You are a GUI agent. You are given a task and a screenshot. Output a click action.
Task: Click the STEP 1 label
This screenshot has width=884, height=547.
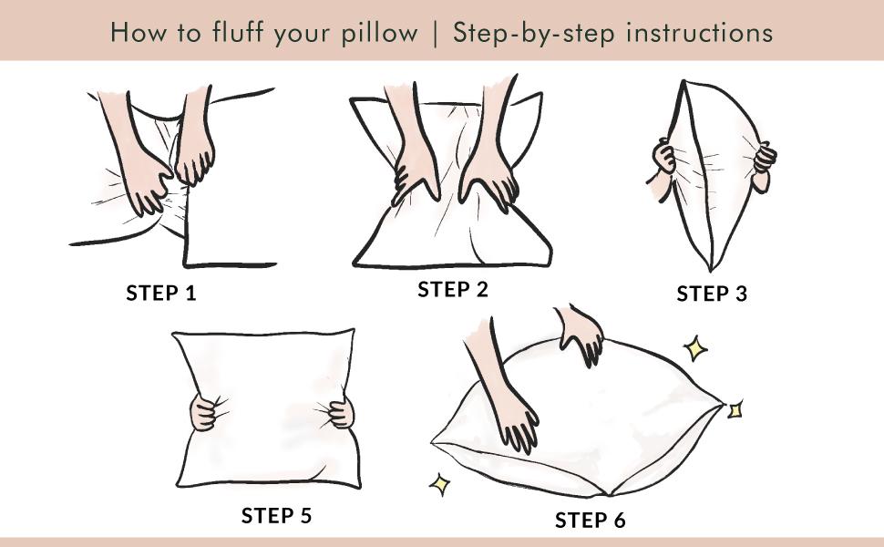click(x=161, y=293)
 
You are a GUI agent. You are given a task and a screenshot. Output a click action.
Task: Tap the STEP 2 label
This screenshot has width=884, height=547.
click(x=453, y=290)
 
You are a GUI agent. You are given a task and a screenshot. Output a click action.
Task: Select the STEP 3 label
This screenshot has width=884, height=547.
click(x=712, y=294)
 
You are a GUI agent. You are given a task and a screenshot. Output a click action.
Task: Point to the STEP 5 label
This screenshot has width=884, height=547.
click(x=276, y=515)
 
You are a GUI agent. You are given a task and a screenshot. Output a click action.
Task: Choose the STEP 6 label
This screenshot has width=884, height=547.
click(x=591, y=521)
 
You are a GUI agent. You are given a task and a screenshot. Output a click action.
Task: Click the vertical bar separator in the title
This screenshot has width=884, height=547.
click(x=435, y=34)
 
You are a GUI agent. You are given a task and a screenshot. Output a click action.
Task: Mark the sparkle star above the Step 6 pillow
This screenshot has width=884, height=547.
click(x=697, y=347)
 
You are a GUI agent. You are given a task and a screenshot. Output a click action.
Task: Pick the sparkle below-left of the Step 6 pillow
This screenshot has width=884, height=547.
click(x=441, y=484)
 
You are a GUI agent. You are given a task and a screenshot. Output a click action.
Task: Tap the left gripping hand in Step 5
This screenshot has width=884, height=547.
click(x=204, y=414)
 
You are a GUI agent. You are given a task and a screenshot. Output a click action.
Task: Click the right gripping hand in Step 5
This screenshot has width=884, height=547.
click(x=340, y=412)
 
